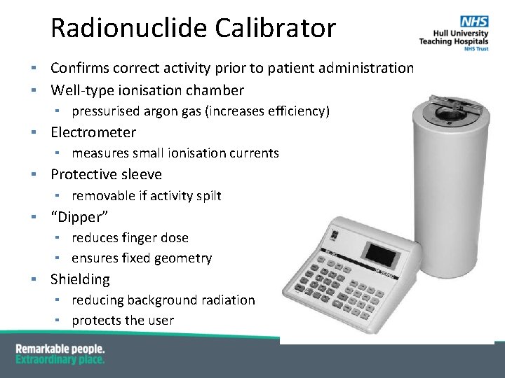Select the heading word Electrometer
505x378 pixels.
coord(93,132)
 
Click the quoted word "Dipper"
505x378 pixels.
coord(79,216)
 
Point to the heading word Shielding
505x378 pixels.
coord(80,279)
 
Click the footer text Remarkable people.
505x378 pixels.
coord(60,349)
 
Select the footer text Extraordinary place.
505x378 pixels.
coord(60,359)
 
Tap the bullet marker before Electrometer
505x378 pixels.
coord(33,132)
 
